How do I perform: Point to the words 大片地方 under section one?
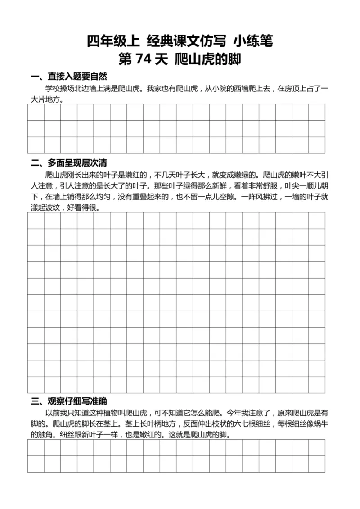pyautogui.click(x=45, y=100)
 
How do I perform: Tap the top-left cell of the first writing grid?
pyautogui.click(x=36, y=113)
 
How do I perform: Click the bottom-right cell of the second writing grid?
pyautogui.click(x=316, y=384)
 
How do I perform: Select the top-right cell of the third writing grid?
pyautogui.click(x=316, y=447)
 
